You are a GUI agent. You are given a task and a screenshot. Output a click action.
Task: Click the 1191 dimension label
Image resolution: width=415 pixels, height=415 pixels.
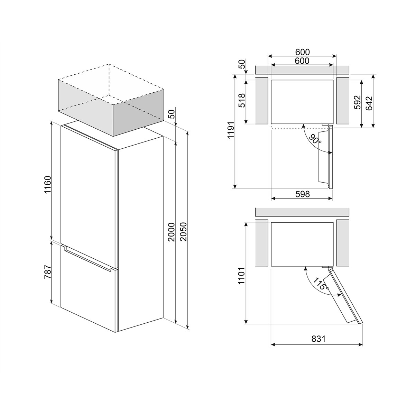point(231,130)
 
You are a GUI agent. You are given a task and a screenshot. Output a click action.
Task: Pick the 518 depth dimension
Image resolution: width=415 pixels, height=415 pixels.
point(242,101)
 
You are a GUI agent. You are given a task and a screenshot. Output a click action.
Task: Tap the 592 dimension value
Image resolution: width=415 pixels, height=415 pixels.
point(357,102)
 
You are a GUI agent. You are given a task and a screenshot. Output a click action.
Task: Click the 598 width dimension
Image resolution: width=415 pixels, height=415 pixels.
point(302,194)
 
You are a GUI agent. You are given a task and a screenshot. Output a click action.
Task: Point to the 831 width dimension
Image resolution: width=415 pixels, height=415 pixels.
point(319,339)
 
